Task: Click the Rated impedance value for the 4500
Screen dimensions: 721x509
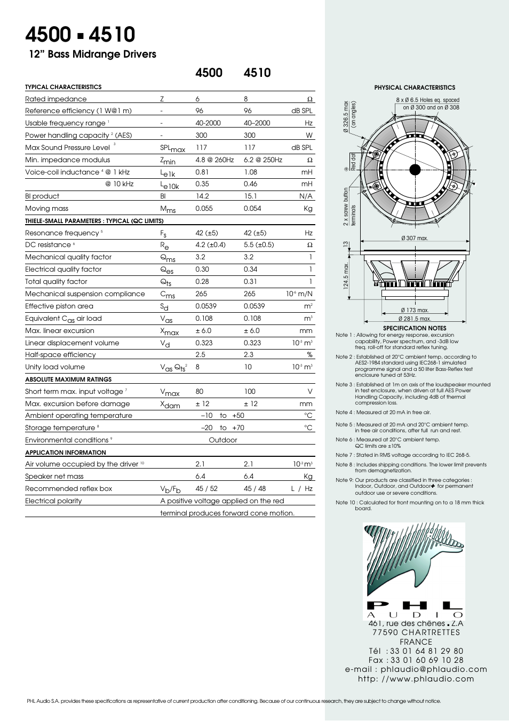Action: click(197, 99)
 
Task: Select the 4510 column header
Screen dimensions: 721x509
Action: click(257, 73)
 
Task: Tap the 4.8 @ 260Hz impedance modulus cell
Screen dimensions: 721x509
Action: click(214, 160)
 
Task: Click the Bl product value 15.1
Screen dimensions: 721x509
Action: click(250, 196)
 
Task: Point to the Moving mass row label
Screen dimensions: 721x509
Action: click(47, 209)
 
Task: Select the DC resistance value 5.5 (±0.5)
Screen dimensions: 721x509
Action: click(259, 245)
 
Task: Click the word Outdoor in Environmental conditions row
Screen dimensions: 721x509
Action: click(223, 440)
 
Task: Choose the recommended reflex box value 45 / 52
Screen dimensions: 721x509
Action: click(206, 489)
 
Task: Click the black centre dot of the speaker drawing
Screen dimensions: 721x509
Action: click(415, 170)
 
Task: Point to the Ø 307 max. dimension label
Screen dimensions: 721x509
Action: click(415, 239)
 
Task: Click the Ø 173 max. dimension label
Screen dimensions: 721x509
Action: click(415, 310)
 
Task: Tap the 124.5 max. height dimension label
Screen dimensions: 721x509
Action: click(346, 275)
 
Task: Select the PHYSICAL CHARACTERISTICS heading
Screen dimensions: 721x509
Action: click(415, 88)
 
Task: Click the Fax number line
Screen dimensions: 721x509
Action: click(416, 660)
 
